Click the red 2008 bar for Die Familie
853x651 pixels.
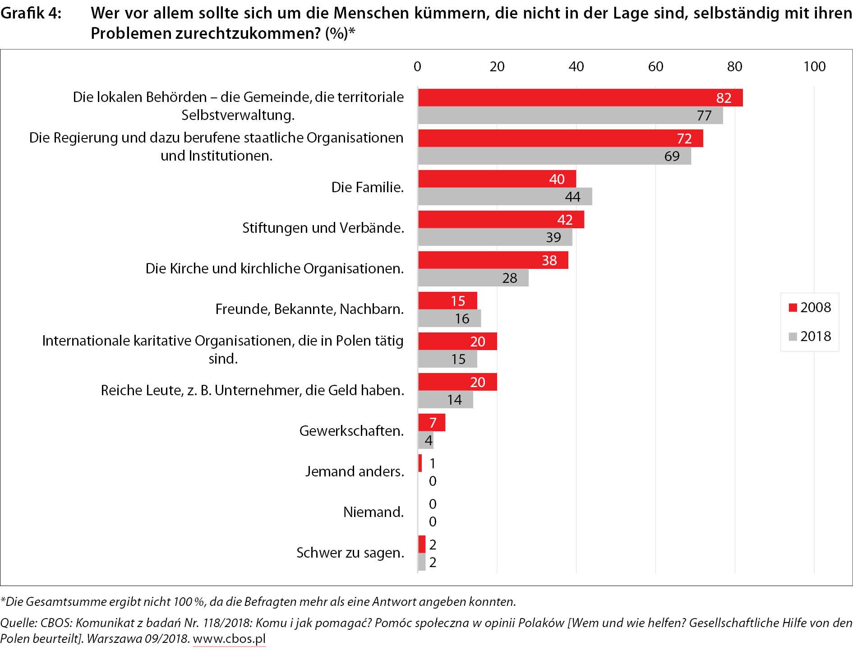[x=496, y=179]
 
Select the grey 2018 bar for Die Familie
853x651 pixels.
[x=504, y=197]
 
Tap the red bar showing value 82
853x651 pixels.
[x=580, y=97]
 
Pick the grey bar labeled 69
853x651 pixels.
[x=554, y=156]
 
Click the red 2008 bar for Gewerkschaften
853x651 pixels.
[x=431, y=422]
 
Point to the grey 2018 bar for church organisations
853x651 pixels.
[x=473, y=278]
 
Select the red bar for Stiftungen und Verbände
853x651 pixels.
[x=501, y=219]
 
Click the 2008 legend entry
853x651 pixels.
[x=810, y=308]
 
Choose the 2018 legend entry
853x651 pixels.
[x=810, y=337]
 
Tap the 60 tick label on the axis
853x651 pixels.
[x=655, y=67]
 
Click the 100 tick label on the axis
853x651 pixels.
[x=814, y=67]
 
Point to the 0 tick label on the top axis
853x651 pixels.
[x=417, y=67]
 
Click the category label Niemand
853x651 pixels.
[x=373, y=512]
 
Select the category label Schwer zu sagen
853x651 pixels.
[x=350, y=553]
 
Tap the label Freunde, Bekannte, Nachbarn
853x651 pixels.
[x=309, y=309]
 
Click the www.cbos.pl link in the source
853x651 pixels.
[x=229, y=639]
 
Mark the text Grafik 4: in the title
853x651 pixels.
[x=31, y=14]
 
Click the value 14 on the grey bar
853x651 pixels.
[x=454, y=400]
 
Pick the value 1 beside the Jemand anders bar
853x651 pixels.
[x=433, y=463]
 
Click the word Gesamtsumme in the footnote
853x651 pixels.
[x=63, y=601]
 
